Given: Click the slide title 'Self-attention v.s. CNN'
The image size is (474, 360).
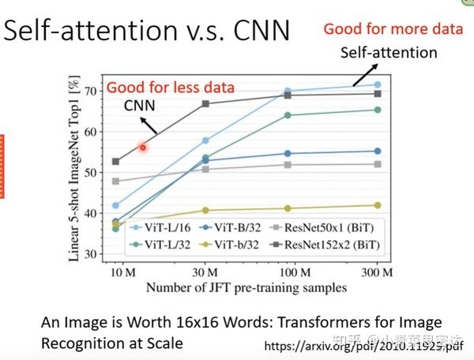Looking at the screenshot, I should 148,32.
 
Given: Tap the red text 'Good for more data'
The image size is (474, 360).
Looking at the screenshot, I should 392,30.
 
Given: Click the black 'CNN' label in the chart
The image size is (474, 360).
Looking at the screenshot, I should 139,106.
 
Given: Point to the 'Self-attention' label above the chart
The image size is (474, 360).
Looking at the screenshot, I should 389,53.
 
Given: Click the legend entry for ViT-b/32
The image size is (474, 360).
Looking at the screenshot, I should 232,244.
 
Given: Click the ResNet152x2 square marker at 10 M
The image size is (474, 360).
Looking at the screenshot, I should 115,161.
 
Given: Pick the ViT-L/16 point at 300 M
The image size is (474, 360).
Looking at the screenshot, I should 378,84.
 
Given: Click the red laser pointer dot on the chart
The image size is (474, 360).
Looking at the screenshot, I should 144,147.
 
